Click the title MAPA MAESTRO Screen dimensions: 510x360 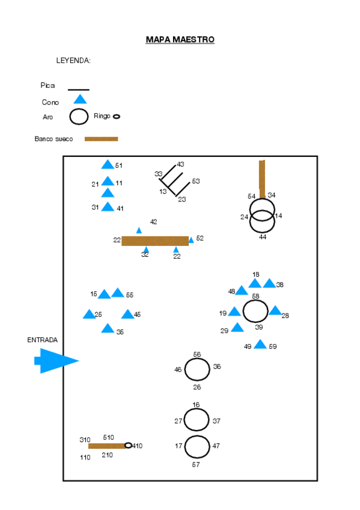pyautogui.click(x=180, y=40)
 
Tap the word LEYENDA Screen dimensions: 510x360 pyautogui.click(x=73, y=61)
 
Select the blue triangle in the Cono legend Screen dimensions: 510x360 pyautogui.click(x=80, y=99)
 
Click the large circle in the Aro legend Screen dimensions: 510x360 pyautogui.click(x=79, y=117)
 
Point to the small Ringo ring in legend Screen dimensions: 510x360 pyautogui.click(x=117, y=117)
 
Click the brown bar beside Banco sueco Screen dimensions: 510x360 pyautogui.click(x=101, y=139)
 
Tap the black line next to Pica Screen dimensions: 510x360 pyautogui.click(x=79, y=90)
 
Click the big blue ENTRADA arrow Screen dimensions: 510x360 pyautogui.click(x=56, y=361)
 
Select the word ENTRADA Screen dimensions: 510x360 pyautogui.click(x=42, y=340)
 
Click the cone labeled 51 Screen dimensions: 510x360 pyautogui.click(x=108, y=165)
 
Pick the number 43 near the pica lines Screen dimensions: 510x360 pyautogui.click(x=180, y=164)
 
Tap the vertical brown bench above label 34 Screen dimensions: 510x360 pyautogui.click(x=262, y=178)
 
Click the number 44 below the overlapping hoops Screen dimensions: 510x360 pyautogui.click(x=263, y=237)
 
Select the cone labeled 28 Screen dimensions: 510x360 pyautogui.click(x=275, y=311)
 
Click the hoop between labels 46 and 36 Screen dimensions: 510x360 pyautogui.click(x=197, y=369)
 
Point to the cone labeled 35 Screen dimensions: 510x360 pyautogui.click(x=108, y=328)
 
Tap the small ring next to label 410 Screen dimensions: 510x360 pyautogui.click(x=128, y=446)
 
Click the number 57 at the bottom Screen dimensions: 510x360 pyautogui.click(x=196, y=464)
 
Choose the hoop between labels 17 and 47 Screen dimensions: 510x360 pyautogui.click(x=197, y=447)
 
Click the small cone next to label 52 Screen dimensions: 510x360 pyautogui.click(x=191, y=240)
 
